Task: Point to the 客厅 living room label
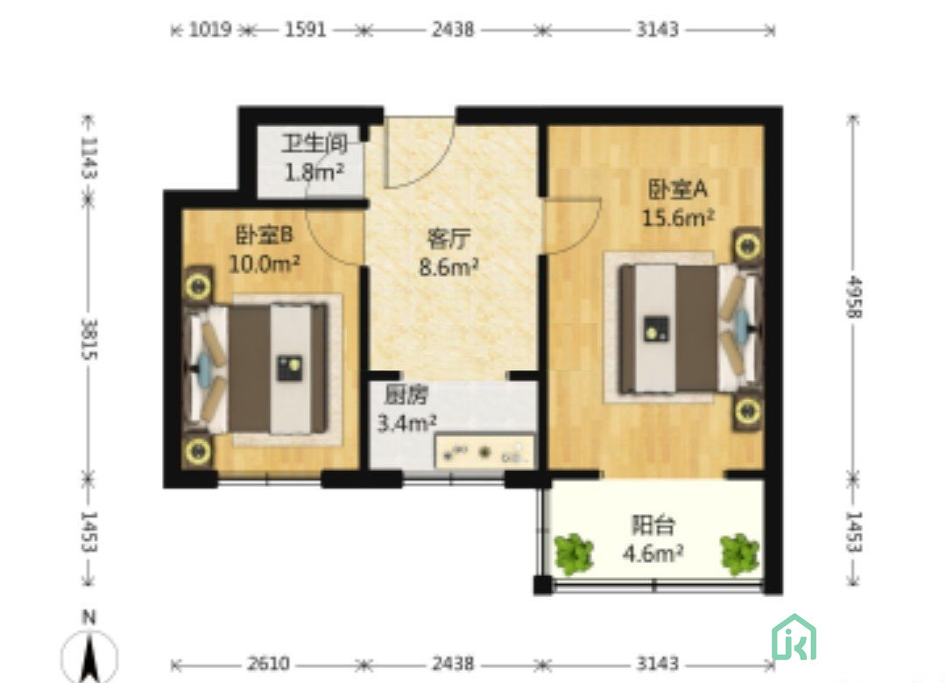coord(448,239)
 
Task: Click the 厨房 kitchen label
coord(402,395)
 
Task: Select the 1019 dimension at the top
coord(210,30)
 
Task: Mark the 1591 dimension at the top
coord(305,30)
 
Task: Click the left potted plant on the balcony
coord(574,553)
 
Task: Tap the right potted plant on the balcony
coord(739,553)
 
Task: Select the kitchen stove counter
coord(484,452)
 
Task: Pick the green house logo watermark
coord(794,637)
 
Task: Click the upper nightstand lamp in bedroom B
coord(197,286)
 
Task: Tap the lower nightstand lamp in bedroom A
coord(746,411)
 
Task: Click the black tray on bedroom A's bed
coord(655,329)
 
